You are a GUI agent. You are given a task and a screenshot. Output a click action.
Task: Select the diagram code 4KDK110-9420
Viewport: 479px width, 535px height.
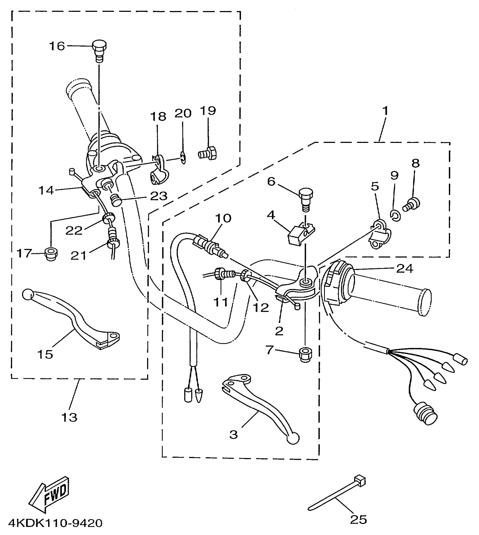pyautogui.click(x=55, y=523)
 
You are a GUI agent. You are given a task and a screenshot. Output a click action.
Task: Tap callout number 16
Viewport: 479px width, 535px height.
pyautogui.click(x=57, y=46)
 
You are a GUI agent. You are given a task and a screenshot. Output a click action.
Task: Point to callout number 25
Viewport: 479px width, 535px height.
pyautogui.click(x=358, y=519)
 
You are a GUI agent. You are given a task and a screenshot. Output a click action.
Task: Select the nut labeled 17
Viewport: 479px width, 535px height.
pyautogui.click(x=51, y=254)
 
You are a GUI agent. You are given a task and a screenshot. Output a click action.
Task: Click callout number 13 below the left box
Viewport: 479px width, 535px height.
pyautogui.click(x=69, y=417)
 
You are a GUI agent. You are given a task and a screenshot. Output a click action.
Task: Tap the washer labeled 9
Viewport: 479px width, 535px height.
pyautogui.click(x=396, y=216)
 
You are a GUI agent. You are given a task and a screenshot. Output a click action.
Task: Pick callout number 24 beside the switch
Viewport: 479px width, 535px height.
pyautogui.click(x=405, y=269)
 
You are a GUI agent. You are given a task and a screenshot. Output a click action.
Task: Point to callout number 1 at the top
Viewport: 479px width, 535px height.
pyautogui.click(x=385, y=111)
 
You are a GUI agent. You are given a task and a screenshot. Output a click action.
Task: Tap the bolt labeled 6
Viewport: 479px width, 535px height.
pyautogui.click(x=305, y=199)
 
